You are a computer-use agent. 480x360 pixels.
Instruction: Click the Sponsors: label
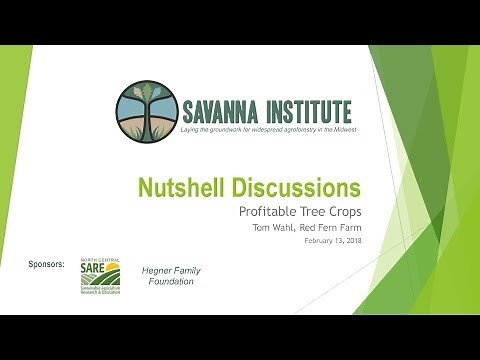pyautogui.click(x=47, y=264)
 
